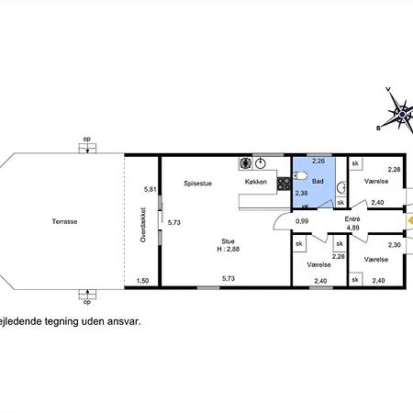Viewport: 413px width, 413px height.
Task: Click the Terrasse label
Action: [64, 221]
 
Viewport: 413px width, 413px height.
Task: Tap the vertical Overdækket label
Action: [143, 225]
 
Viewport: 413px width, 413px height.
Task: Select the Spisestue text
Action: [197, 184]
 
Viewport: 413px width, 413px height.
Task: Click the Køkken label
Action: [256, 182]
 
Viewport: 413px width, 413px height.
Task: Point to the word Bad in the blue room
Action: [318, 181]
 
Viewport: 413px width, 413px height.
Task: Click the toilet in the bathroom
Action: [300, 175]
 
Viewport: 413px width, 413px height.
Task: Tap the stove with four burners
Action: [284, 184]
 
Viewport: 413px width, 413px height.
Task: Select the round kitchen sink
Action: [261, 163]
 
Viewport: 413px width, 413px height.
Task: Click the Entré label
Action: [352, 219]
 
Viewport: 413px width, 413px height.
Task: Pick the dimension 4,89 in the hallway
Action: [352, 228]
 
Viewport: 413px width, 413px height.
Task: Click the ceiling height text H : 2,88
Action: [229, 249]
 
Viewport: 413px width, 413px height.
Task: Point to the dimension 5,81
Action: [151, 189]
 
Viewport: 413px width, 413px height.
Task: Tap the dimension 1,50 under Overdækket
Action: [142, 281]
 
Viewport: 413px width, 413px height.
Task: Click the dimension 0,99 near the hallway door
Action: [302, 221]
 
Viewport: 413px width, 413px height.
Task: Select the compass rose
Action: [400, 114]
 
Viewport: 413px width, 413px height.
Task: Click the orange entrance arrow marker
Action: [410, 220]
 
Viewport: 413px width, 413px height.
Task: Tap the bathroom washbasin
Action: [342, 187]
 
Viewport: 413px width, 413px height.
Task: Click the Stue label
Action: [228, 241]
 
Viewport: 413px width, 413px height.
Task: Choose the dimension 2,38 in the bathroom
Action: [301, 193]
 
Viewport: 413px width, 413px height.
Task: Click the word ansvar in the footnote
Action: [125, 321]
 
